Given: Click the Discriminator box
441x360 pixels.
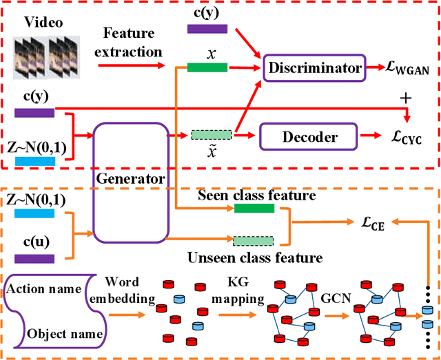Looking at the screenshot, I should (x=314, y=68).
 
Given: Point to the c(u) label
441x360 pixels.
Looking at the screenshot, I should (x=32, y=242).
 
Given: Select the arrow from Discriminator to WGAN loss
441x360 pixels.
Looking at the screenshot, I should (x=376, y=68).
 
